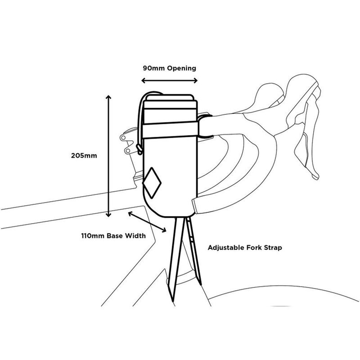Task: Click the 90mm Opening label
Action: (169, 68)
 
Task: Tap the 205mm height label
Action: (84, 156)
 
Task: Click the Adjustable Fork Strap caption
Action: (245, 247)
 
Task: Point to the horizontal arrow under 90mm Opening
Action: (169, 81)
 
